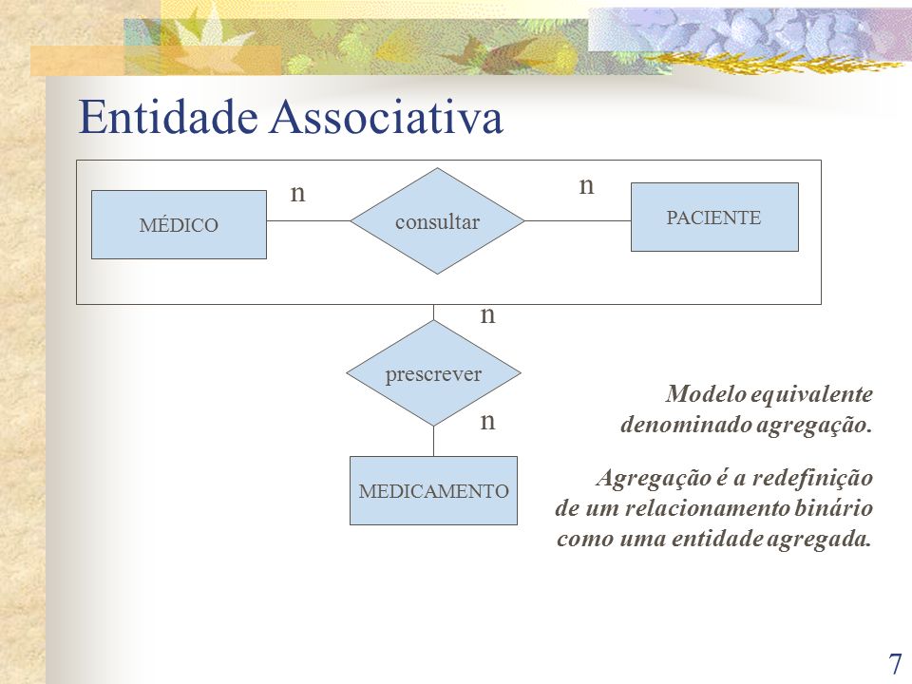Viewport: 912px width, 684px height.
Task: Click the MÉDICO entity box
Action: tap(179, 224)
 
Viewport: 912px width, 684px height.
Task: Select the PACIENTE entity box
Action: tap(714, 217)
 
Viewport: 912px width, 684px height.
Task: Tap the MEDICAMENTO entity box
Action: tap(433, 490)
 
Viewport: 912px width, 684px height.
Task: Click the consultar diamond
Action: tap(437, 221)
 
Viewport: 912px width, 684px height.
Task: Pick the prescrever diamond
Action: tap(433, 372)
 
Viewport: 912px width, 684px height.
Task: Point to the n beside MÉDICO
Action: tap(297, 193)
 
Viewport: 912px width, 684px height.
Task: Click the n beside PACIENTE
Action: tap(586, 186)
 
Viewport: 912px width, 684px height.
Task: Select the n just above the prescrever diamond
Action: tap(487, 315)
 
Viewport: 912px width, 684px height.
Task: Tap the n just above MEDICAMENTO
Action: tap(487, 421)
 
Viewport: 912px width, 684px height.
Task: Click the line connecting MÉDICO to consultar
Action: tap(308, 221)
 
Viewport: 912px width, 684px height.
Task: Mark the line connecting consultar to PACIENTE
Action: tap(578, 221)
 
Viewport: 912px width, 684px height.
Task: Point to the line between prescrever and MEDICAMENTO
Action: tap(433, 441)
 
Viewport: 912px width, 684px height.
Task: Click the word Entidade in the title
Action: tap(168, 117)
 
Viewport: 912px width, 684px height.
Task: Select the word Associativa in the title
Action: tap(387, 117)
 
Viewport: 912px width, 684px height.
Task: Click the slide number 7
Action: tap(895, 664)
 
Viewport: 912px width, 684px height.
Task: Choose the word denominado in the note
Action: tap(686, 424)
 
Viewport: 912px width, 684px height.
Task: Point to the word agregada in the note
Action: tap(820, 540)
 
